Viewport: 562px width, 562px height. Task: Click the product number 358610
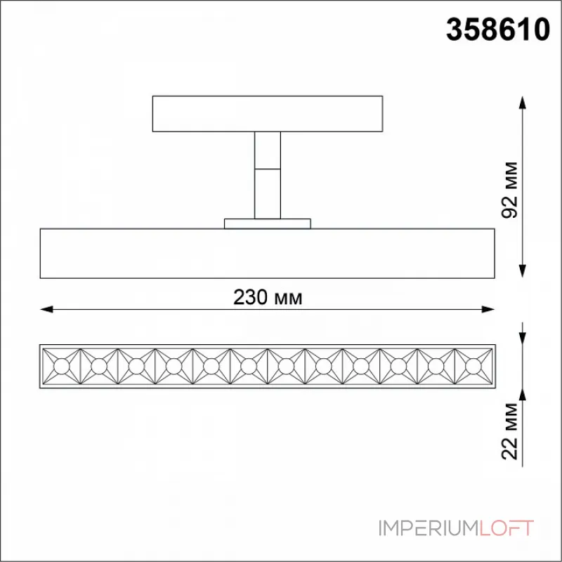pos(498,30)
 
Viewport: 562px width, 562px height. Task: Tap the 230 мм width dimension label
pos(268,297)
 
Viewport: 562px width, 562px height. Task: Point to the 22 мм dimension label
pos(510,431)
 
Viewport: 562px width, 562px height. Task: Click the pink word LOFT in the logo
pos(506,528)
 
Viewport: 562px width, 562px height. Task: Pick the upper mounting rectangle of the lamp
pos(268,114)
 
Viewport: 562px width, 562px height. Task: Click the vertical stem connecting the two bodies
pos(268,175)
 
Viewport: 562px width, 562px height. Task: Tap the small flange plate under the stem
pos(268,223)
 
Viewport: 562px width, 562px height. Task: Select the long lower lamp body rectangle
pos(268,254)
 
